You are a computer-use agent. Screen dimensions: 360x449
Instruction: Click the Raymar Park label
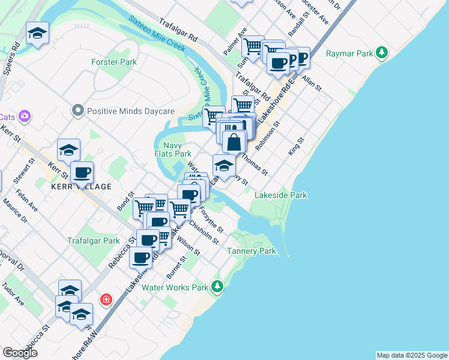pos(349,53)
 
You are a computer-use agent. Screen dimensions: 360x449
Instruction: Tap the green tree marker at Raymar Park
pos(382,53)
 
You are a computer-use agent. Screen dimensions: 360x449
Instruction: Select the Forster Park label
pos(114,62)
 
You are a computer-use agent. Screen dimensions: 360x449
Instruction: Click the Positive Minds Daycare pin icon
pos(77,111)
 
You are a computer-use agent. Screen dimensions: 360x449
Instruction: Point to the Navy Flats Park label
pos(173,149)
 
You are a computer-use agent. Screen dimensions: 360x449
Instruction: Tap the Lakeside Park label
pos(281,195)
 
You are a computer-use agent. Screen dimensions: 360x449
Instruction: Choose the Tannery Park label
pos(252,251)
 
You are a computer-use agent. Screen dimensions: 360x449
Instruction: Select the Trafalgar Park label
pos(94,241)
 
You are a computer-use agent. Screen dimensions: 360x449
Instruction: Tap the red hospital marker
pos(106,298)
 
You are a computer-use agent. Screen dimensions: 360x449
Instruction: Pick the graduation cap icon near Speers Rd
pos(37,34)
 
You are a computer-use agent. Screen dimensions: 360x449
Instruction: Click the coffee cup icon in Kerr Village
pos(82,172)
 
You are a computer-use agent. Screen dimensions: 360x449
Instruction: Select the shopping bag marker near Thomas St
pos(234,142)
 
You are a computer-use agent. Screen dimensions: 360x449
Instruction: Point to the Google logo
pos(20,353)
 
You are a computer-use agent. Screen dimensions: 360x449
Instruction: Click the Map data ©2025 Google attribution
pos(412,355)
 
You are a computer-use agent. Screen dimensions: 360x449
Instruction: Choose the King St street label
pos(297,146)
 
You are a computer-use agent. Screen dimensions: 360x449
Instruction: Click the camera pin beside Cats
pos(25,116)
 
